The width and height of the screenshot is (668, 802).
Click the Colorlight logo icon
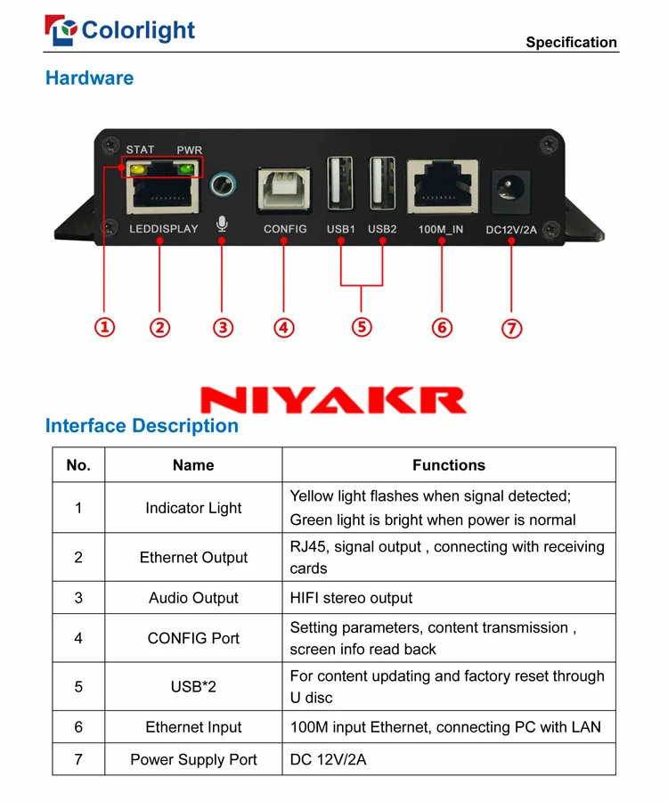coord(61,31)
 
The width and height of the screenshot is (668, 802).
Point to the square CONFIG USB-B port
coord(284,189)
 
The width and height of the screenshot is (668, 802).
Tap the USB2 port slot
coord(382,184)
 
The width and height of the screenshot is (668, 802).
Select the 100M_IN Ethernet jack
coord(442,187)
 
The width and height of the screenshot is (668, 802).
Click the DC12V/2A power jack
coord(511,190)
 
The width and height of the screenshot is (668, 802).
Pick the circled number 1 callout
coord(106,327)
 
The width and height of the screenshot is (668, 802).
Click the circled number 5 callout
coord(362,327)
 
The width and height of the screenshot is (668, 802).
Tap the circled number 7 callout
coord(511,328)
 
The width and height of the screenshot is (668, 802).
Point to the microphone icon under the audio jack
coord(223,225)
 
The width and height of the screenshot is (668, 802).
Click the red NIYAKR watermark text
coord(333,399)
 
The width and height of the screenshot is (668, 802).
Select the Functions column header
coord(448,465)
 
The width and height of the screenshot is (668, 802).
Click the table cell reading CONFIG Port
coord(193,638)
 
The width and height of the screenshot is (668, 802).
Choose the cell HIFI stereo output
coord(351,598)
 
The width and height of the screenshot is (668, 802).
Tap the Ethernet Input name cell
coord(193,727)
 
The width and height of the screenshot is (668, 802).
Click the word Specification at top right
coord(571,42)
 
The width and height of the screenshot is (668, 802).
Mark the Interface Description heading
coord(142,426)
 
